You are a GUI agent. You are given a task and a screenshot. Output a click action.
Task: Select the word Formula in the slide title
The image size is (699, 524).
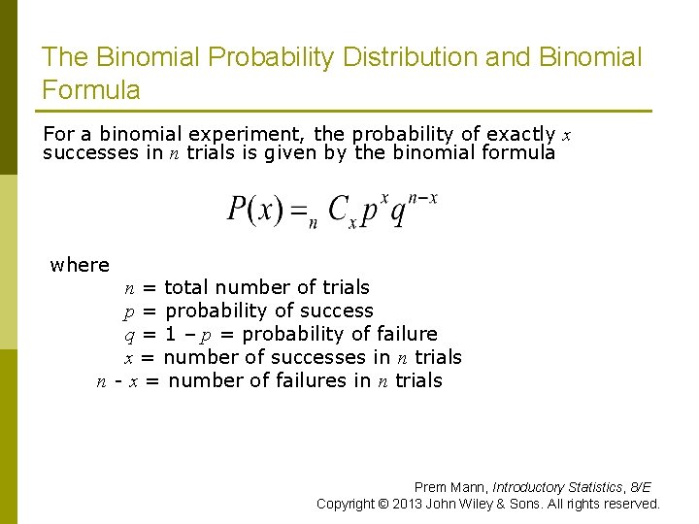91,91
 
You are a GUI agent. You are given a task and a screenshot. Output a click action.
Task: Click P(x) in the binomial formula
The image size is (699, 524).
255,210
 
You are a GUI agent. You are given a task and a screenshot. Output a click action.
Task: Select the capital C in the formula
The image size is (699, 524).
339,210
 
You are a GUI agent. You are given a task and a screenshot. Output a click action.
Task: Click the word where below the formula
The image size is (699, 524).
80,265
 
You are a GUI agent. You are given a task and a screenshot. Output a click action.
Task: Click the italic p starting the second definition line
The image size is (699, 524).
128,311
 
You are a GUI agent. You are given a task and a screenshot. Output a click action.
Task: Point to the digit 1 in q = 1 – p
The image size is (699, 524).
171,334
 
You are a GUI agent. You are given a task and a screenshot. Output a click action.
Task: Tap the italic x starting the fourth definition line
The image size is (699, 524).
128,357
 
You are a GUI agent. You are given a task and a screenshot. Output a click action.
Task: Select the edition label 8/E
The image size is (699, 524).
640,487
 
